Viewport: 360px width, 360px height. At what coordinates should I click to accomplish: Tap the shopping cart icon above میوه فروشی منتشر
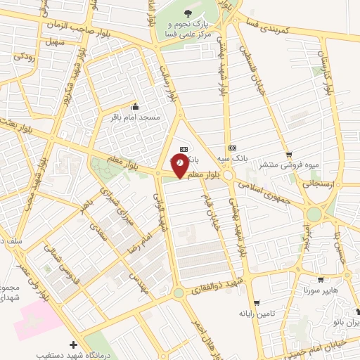tap(288, 154)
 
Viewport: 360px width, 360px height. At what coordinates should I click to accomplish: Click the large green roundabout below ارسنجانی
tap(314, 213)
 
